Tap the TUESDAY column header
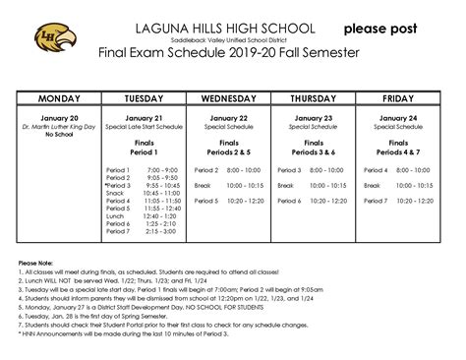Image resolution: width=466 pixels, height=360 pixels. coord(143,99)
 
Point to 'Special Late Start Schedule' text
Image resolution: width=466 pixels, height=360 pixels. coord(143,126)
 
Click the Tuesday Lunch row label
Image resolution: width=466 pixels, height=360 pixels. coord(115,215)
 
